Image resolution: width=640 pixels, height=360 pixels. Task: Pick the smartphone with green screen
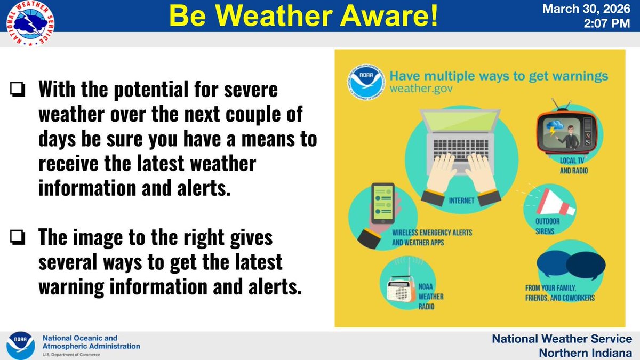[x=382, y=204]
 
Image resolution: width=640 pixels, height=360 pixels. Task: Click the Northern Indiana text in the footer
[x=585, y=352]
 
